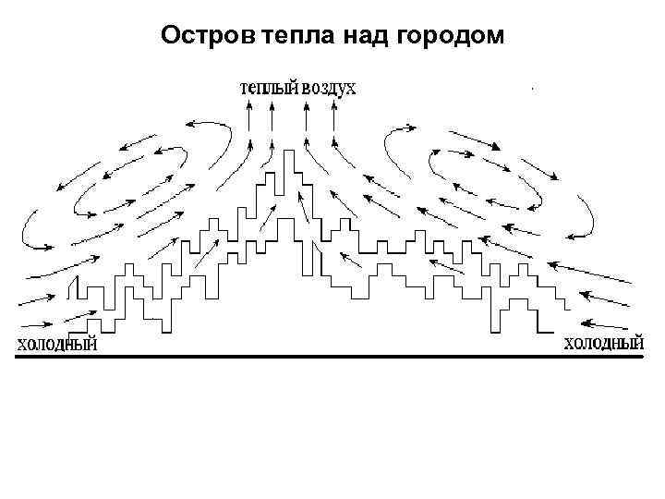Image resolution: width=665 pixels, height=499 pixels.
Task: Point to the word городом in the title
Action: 450,36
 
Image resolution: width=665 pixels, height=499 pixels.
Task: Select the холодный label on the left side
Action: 58,345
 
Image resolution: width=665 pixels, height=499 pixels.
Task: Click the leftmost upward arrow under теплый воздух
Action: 249,116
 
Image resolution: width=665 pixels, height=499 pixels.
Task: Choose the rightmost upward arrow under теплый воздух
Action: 332,116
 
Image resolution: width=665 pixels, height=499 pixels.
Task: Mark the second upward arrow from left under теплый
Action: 271,116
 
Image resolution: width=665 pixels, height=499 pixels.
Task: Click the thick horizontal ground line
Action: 332,356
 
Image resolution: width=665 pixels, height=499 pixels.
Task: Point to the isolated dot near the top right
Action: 534,89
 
